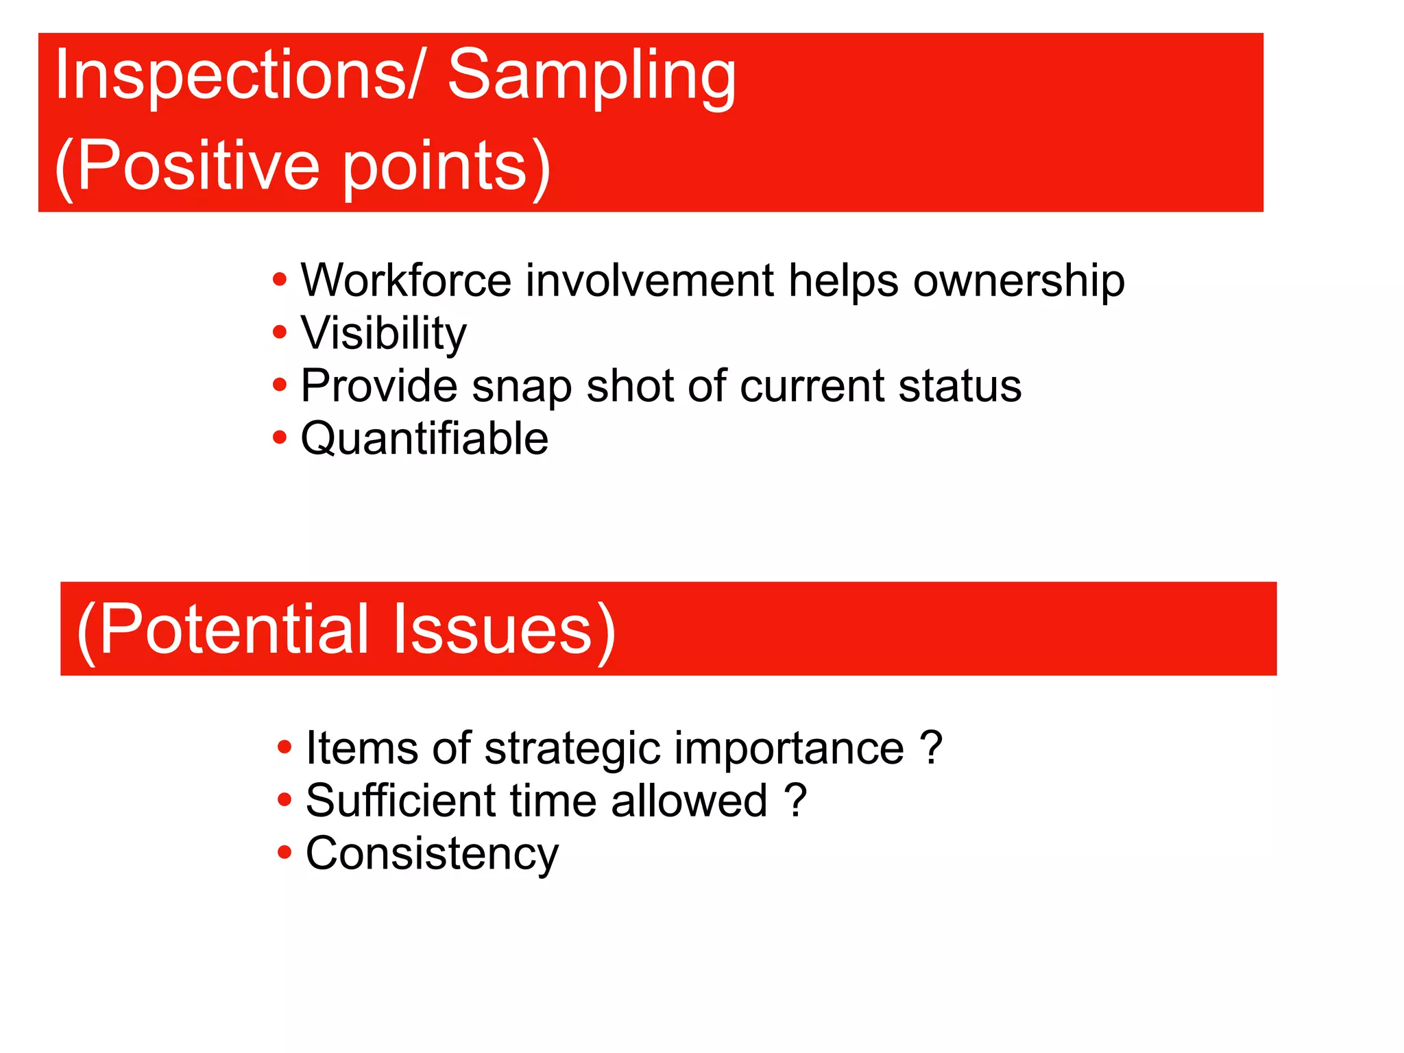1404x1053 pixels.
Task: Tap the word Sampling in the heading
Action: tap(592, 77)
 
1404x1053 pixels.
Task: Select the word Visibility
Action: tap(383, 334)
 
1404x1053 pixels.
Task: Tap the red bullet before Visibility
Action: tap(279, 332)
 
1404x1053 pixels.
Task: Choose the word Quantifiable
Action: tap(424, 439)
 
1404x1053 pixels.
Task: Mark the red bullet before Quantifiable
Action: tap(279, 437)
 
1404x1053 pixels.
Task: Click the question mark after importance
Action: tap(931, 747)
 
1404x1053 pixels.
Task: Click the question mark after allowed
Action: tap(795, 800)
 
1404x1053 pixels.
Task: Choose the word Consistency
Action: tap(432, 854)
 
